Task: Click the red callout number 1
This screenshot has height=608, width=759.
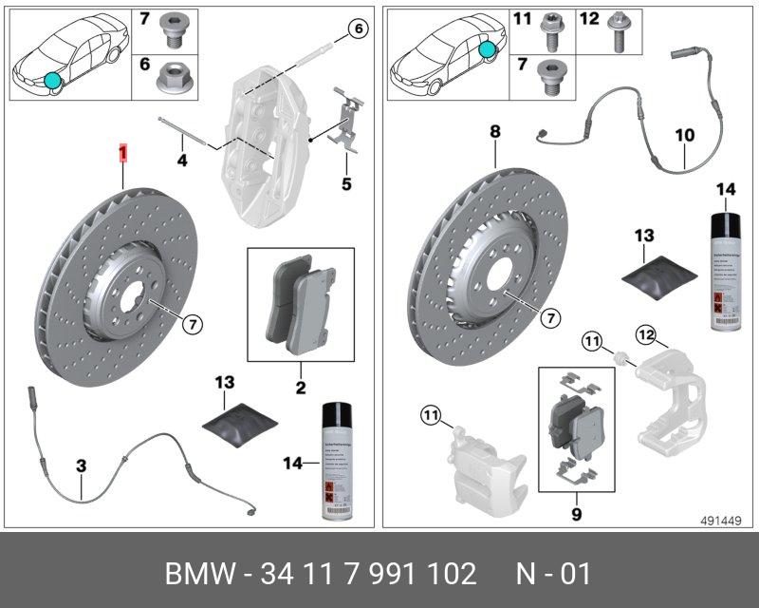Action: click(x=121, y=152)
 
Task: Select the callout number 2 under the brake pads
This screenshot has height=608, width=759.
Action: click(x=301, y=387)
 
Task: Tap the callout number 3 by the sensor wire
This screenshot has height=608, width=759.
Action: click(x=82, y=465)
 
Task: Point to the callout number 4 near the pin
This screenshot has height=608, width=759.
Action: click(x=182, y=161)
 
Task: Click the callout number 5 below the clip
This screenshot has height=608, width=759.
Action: click(x=346, y=182)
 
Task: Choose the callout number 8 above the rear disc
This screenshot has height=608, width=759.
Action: click(x=494, y=132)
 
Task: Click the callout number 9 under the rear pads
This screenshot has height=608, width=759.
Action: click(x=578, y=515)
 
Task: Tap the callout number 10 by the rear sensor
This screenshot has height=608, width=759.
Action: click(x=685, y=135)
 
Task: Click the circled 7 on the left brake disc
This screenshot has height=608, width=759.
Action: click(x=191, y=324)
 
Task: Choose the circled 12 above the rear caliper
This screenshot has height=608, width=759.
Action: click(x=646, y=333)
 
